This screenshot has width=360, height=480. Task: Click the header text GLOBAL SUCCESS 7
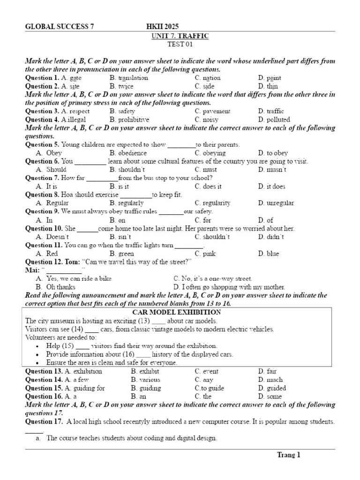pyautogui.click(x=59, y=27)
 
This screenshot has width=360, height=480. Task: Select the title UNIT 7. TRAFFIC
pyautogui.click(x=180, y=36)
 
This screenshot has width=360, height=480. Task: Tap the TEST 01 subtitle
pyautogui.click(x=180, y=45)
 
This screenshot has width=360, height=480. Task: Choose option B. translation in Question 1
pyautogui.click(x=128, y=78)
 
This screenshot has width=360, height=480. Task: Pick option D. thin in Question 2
pyautogui.click(x=268, y=86)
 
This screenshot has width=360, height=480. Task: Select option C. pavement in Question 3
pyautogui.click(x=212, y=111)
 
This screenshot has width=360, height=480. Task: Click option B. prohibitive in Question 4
pyautogui.click(x=129, y=120)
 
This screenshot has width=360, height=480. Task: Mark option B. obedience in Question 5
pyautogui.click(x=128, y=153)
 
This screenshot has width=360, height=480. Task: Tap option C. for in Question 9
pyautogui.click(x=203, y=220)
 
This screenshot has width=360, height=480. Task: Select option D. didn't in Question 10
pyautogui.click(x=270, y=237)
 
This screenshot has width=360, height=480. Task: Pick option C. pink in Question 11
pyautogui.click(x=205, y=254)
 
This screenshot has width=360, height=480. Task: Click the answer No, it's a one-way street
pyautogui.click(x=212, y=278)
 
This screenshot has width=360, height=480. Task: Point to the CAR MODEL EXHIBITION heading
pyautogui.click(x=180, y=312)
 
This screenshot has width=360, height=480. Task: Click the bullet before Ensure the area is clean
pyautogui.click(x=37, y=363)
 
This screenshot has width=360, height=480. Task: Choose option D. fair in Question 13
pyautogui.click(x=267, y=371)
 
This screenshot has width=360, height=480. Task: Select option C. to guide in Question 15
pyautogui.click(x=209, y=388)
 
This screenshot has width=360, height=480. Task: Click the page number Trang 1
pyautogui.click(x=288, y=455)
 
